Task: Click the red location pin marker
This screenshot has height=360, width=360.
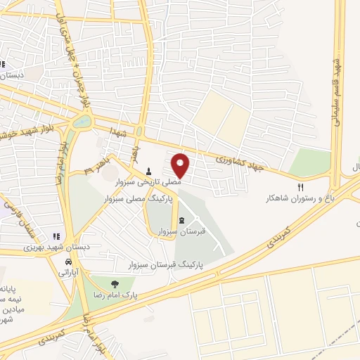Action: [181, 165]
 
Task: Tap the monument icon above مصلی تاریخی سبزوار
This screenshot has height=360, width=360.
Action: [149, 171]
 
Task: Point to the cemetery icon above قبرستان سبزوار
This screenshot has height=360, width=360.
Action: [183, 221]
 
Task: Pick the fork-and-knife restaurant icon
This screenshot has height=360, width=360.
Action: [302, 188]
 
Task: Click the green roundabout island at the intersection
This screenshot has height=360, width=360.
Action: [82, 122]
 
